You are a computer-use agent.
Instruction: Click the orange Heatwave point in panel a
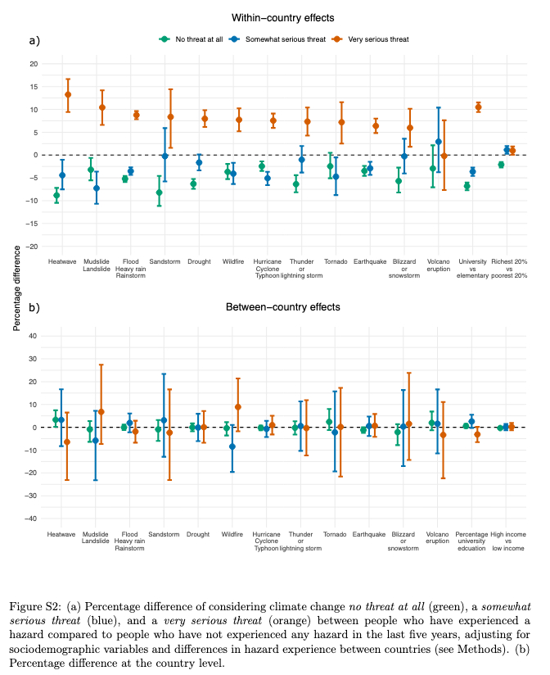68,95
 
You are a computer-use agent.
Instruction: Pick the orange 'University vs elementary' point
478,107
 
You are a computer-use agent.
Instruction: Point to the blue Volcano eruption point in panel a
439,142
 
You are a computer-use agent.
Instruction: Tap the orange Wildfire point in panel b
238,407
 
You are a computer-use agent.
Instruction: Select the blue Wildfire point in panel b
232,446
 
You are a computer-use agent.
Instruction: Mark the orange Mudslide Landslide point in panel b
101,411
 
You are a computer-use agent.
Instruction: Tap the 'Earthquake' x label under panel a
370,262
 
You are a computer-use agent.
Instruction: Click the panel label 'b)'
35,309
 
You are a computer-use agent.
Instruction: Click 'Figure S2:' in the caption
37,607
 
